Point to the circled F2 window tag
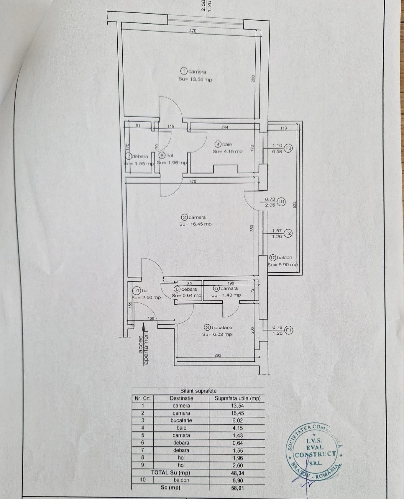[x=288, y=233]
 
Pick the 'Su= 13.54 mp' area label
[x=195, y=79]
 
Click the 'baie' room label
[x=227, y=144]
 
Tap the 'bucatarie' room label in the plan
[x=222, y=327]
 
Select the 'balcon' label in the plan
[x=285, y=257]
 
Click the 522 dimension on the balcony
[x=294, y=204]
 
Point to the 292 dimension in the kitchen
[x=218, y=355]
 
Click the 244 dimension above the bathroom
[x=225, y=127]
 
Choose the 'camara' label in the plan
[x=229, y=288]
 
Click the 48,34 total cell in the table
[x=238, y=473]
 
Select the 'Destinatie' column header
[x=181, y=398]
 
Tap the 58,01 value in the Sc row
[x=238, y=488]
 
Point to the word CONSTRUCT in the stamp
[x=316, y=454]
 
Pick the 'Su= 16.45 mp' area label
[x=196, y=224]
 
